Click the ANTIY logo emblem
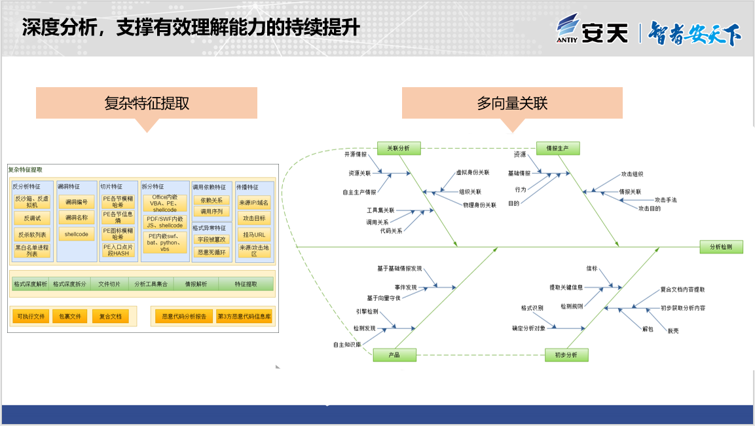point(568,28)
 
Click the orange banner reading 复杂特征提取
point(147,103)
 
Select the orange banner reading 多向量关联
point(512,103)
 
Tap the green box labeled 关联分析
point(399,148)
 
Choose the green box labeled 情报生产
point(557,148)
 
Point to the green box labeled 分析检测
point(721,246)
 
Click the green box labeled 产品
point(394,355)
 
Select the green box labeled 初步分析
point(566,355)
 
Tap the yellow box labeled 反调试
point(32,218)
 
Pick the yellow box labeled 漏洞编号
point(76,201)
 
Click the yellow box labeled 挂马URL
point(254,235)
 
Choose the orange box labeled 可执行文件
point(31,317)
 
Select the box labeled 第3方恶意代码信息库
point(244,317)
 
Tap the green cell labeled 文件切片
point(109,284)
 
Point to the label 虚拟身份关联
point(473,172)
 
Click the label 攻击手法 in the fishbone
point(666,199)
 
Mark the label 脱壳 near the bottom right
point(672,330)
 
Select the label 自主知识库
point(347,344)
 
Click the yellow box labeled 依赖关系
point(212,201)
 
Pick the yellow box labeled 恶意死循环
point(212,252)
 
